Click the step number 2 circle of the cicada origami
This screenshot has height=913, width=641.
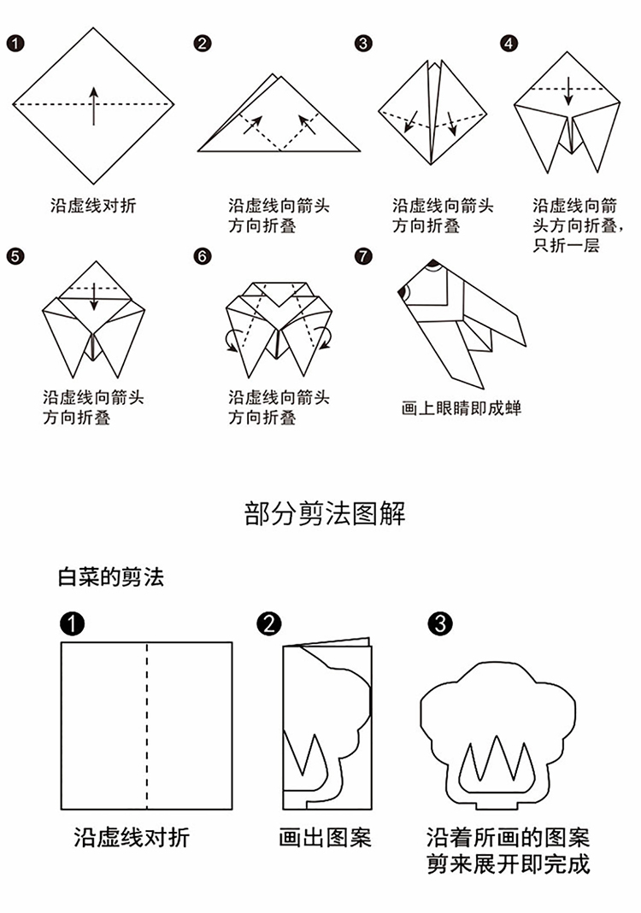point(203,43)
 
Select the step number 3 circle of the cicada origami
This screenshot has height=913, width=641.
point(364,43)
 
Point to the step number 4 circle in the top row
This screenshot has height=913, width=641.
point(509,43)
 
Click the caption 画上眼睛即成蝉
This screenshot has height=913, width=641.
point(461,408)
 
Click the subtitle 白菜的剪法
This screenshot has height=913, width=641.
point(111,577)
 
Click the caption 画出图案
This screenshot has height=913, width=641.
point(325,836)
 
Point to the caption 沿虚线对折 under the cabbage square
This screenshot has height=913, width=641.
point(132,836)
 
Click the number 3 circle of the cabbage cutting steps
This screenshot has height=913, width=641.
point(439,623)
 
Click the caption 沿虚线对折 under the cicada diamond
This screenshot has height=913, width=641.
point(93,206)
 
